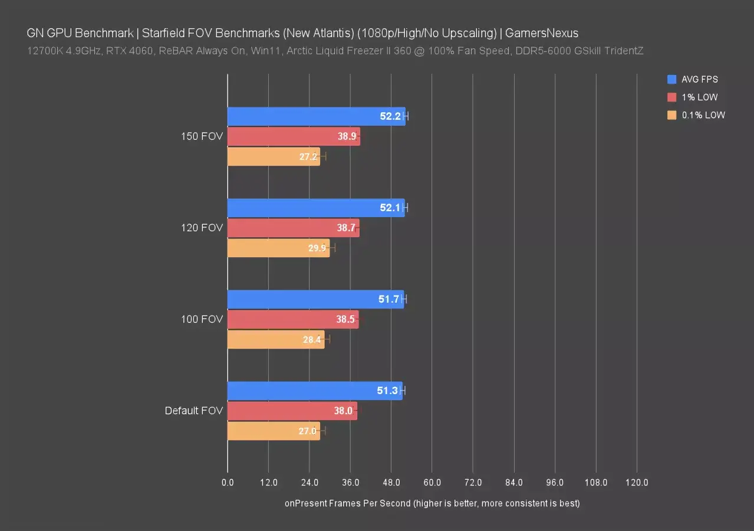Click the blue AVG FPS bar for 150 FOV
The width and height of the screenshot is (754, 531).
coord(307,116)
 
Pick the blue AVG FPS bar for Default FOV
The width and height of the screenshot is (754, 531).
coord(301,391)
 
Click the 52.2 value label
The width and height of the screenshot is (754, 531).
coord(390,116)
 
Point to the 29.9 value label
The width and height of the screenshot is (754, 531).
coord(317,248)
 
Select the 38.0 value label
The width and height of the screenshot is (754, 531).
coord(343,411)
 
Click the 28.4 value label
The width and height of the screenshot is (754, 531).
coord(312,339)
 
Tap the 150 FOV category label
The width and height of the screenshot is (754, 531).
coord(202,136)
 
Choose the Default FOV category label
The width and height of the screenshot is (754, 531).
coord(194,411)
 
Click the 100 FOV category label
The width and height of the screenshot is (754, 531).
coord(202,319)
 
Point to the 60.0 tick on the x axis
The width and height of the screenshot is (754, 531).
coord(432,483)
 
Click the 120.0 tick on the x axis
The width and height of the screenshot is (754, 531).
coord(637,483)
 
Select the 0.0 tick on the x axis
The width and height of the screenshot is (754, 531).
coord(228,483)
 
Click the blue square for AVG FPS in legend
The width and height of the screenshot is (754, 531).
coord(671,79)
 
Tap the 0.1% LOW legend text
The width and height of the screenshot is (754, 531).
coord(703,115)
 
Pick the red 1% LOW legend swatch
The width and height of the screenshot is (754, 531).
coord(671,97)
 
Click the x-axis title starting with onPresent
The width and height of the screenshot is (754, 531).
coord(432,503)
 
